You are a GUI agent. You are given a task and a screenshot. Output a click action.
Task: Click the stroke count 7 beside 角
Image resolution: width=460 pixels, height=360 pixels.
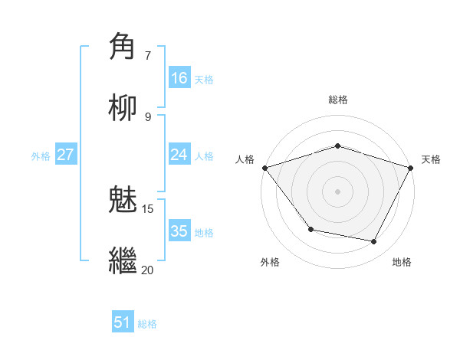click(148, 55)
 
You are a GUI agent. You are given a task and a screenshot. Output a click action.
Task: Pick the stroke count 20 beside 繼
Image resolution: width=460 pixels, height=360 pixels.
click(147, 270)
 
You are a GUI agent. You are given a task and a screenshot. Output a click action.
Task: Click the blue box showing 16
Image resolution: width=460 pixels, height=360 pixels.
click(179, 78)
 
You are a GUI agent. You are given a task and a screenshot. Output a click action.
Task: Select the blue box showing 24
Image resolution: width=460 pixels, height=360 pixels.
click(179, 155)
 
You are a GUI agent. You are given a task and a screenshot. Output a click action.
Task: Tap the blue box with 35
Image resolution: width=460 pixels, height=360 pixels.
click(179, 231)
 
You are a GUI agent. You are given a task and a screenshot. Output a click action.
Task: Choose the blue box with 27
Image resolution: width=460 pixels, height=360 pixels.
click(65, 155)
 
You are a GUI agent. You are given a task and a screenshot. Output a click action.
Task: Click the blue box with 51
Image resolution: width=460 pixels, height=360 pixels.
click(123, 322)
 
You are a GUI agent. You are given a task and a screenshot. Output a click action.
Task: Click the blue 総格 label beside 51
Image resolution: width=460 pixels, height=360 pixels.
click(147, 324)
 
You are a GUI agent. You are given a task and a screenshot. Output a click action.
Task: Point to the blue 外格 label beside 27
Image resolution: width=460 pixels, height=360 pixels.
click(41, 156)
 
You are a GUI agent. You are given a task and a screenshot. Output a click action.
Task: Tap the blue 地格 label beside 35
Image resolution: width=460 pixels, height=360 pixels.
click(204, 233)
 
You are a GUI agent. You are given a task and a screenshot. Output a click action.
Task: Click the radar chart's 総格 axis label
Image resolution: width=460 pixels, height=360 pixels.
click(337, 100)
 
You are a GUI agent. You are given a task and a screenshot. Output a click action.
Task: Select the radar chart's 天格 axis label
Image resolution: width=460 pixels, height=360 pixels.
click(431, 159)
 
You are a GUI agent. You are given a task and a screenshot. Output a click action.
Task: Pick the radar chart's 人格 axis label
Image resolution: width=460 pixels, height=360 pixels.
click(245, 159)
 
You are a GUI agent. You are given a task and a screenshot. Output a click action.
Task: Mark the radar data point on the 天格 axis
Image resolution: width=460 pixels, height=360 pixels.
click(411, 167)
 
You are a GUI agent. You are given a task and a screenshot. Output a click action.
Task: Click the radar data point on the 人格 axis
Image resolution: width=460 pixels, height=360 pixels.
click(264, 167)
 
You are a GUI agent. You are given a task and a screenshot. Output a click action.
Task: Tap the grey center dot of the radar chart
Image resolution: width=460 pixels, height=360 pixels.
click(337, 191)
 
